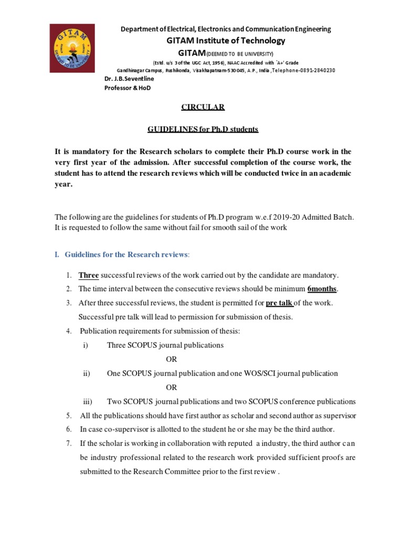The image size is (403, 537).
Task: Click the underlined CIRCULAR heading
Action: (x=203, y=107)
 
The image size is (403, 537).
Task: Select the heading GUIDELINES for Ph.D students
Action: (x=202, y=129)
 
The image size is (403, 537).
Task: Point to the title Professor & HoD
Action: (x=128, y=88)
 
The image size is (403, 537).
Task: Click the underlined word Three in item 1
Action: (x=89, y=275)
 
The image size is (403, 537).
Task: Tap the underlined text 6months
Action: (x=322, y=289)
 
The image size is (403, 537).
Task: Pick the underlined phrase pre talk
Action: (x=279, y=303)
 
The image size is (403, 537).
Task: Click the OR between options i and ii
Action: (x=172, y=359)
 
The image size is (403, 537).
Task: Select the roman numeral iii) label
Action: (x=88, y=402)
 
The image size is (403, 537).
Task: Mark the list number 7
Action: (x=69, y=443)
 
